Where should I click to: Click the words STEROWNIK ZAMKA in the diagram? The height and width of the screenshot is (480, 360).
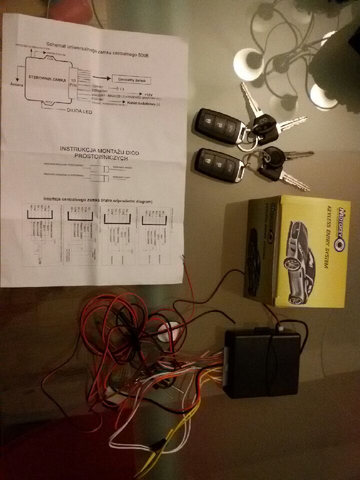tap(45, 77)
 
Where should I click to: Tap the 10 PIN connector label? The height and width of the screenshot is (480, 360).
tap(73, 83)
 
